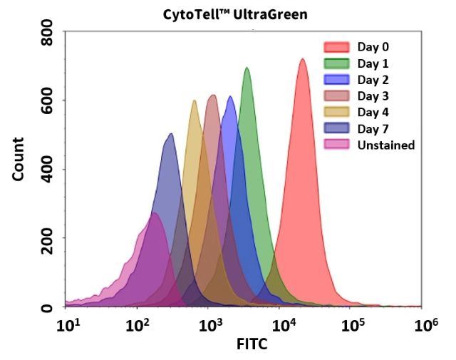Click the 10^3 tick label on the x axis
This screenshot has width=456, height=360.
(208, 326)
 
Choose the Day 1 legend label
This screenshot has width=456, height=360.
(373, 64)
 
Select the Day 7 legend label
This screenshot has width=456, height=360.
(373, 129)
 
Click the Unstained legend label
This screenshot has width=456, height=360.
(385, 145)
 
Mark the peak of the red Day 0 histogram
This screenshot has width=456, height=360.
(302, 59)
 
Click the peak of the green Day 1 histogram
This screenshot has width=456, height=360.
(247, 68)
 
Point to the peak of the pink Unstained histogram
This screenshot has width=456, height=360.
(154, 213)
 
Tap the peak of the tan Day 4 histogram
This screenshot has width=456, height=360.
(194, 101)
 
